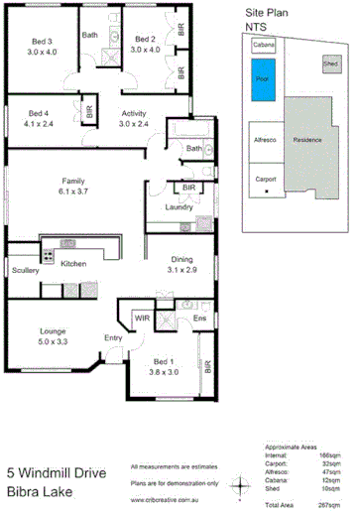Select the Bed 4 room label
39,112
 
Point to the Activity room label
134,112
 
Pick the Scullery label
26,270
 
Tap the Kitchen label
74,264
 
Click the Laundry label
179,207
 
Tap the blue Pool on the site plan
262,79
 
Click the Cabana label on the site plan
264,46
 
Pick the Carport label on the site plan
264,180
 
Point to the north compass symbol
239,483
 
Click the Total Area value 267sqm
330,506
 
